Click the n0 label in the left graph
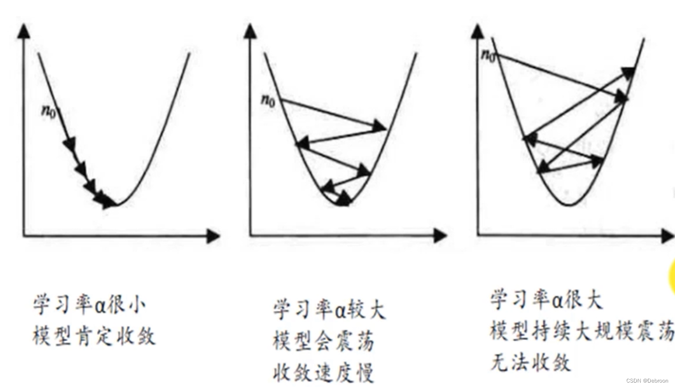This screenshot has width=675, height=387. tap(49, 110)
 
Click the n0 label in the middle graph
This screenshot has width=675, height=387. tap(268, 100)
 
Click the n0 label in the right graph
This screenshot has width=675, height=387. tap(488, 55)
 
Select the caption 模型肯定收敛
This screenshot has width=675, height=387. tap(94, 336)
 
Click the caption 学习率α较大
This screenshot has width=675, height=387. tap(329, 310)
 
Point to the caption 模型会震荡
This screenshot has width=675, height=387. tap(323, 341)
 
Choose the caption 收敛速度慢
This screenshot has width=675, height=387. tap(323, 373)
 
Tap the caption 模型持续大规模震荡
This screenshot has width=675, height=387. tap(582, 331)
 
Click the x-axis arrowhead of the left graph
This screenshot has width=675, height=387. tap(214, 236)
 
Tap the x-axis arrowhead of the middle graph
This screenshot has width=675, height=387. tap(440, 236)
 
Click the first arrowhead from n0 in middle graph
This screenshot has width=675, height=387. tap(379, 127)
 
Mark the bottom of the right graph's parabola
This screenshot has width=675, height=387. tap(570, 204)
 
